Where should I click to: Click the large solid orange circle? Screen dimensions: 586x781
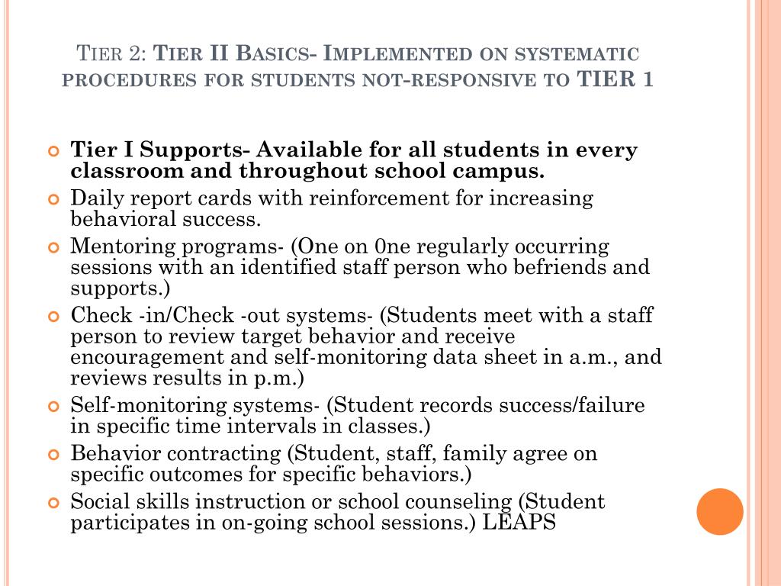(x=720, y=511)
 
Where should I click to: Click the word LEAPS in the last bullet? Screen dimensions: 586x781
(x=520, y=523)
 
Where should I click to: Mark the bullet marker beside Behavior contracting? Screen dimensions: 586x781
(x=53, y=455)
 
